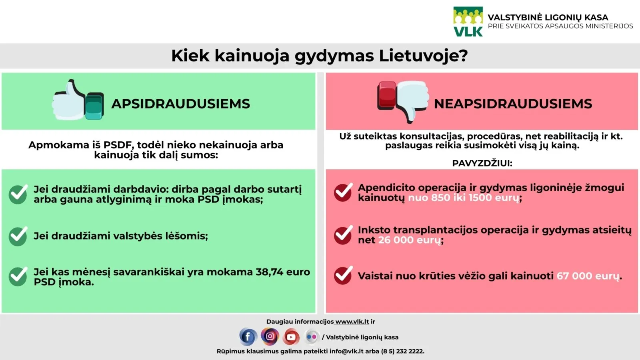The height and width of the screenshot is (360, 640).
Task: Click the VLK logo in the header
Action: (468, 22)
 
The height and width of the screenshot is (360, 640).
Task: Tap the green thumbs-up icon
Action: (78, 100)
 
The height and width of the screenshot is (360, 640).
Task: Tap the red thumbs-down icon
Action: (403, 102)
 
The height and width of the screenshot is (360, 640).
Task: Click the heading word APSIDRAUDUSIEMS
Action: (180, 104)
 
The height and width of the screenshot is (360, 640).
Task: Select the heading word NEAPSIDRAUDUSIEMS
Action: (513, 104)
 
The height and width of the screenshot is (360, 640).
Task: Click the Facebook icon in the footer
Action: (248, 337)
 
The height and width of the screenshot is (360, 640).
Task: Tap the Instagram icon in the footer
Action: (270, 336)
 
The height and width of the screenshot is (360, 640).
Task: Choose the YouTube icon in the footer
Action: (291, 337)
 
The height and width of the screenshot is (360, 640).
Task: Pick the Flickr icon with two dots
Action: (312, 337)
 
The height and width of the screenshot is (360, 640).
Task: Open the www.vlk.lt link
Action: (352, 322)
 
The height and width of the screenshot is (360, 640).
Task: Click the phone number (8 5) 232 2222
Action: (402, 351)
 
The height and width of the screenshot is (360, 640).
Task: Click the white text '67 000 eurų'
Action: (588, 276)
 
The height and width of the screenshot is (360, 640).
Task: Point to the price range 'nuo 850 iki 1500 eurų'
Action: (464, 198)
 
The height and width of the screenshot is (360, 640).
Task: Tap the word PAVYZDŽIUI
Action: (482, 163)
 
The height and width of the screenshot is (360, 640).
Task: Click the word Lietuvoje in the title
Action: (424, 56)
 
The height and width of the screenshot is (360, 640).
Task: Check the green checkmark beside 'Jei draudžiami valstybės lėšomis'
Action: (18, 236)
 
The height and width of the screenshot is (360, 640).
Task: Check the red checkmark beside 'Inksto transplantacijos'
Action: (343, 235)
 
